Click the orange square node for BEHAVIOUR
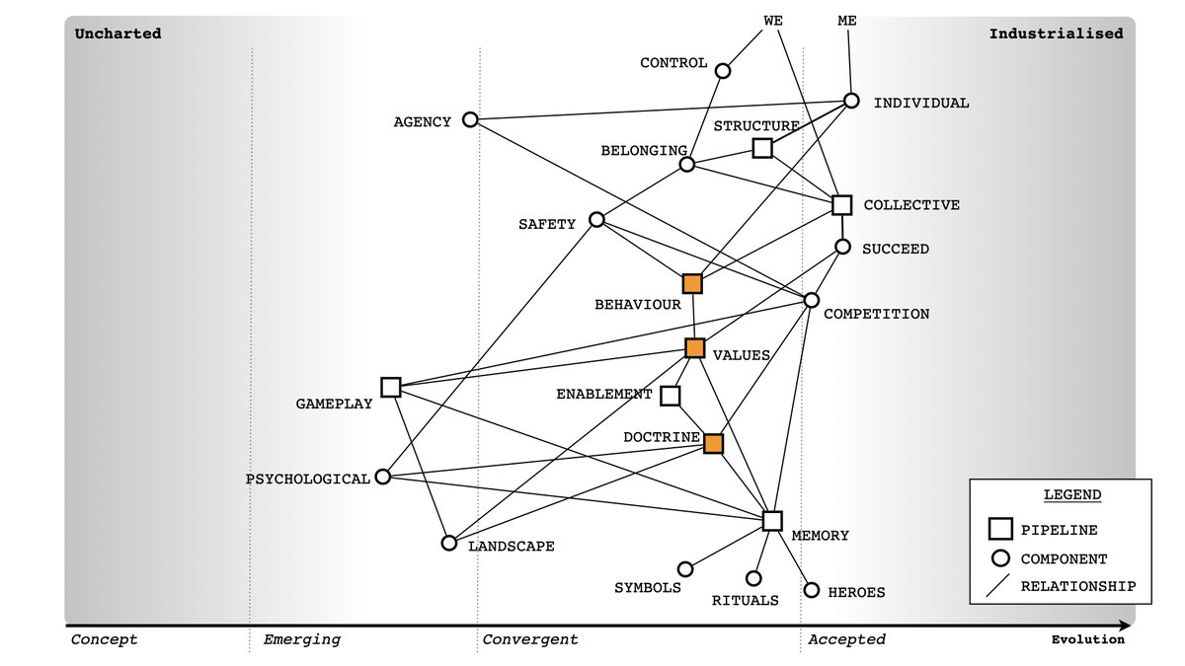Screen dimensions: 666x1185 click(x=692, y=284)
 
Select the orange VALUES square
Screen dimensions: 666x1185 click(x=694, y=347)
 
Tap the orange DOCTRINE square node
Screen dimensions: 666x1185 click(x=713, y=444)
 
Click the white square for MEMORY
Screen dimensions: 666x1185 click(x=772, y=521)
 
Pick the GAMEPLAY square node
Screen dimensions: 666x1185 click(x=390, y=387)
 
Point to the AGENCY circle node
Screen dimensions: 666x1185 click(x=470, y=119)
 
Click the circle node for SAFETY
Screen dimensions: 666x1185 click(x=596, y=219)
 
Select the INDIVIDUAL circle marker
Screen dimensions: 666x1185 click(x=851, y=101)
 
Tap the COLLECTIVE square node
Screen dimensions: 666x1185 click(x=841, y=205)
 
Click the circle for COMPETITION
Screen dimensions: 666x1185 click(x=812, y=300)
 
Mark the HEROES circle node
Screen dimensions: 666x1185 click(x=812, y=590)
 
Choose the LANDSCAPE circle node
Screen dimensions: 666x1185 click(x=449, y=543)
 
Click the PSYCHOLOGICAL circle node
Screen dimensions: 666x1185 click(x=383, y=478)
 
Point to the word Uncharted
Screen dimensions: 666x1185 click(x=118, y=34)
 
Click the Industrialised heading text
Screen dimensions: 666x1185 click(x=1056, y=34)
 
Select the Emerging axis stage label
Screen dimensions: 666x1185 click(x=301, y=639)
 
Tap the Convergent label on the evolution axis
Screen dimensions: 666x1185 click(x=530, y=639)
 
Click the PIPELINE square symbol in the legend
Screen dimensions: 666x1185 click(x=999, y=530)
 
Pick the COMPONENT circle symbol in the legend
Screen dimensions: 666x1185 click(x=999, y=558)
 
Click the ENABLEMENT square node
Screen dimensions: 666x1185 click(x=670, y=396)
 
